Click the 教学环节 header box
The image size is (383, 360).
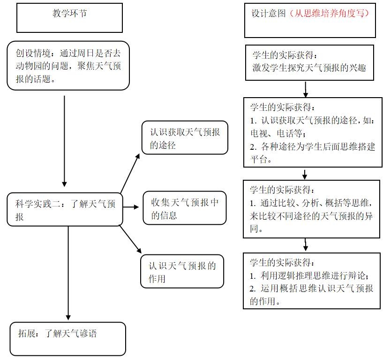point(69,17)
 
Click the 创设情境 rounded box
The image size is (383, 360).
point(68,65)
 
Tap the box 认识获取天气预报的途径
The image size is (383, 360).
point(185,138)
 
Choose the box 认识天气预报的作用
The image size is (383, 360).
point(182,271)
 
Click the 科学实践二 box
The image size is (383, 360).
point(65,210)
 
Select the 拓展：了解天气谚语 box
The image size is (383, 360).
point(68,338)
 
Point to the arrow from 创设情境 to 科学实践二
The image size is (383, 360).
point(64,141)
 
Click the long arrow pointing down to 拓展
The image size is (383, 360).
point(68,272)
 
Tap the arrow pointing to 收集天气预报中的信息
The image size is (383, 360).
point(131,207)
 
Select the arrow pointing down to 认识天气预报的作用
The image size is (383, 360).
point(130,240)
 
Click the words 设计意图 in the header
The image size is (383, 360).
point(268,14)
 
